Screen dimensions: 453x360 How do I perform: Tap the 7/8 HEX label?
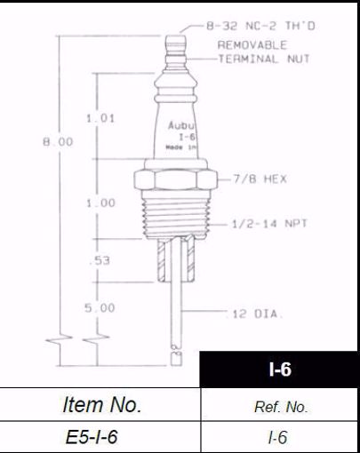click(x=260, y=179)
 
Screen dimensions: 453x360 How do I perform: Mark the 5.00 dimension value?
click(x=100, y=307)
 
